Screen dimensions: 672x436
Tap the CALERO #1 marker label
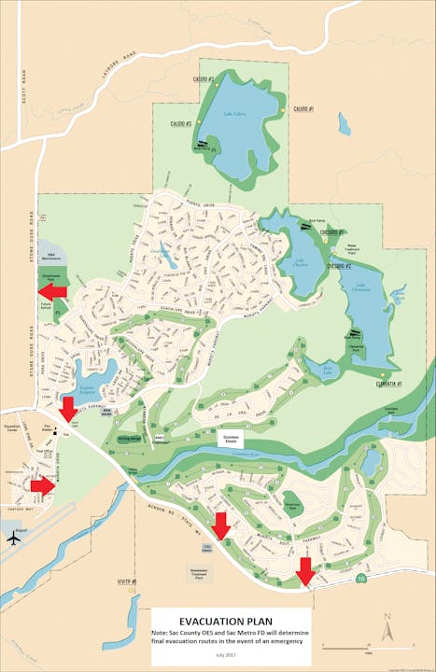pyautogui.click(x=303, y=109)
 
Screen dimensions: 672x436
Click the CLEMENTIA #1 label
pyautogui.click(x=388, y=384)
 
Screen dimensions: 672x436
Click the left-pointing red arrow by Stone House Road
pyautogui.click(x=53, y=292)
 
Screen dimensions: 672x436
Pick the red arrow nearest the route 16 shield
pyautogui.click(x=305, y=569)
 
